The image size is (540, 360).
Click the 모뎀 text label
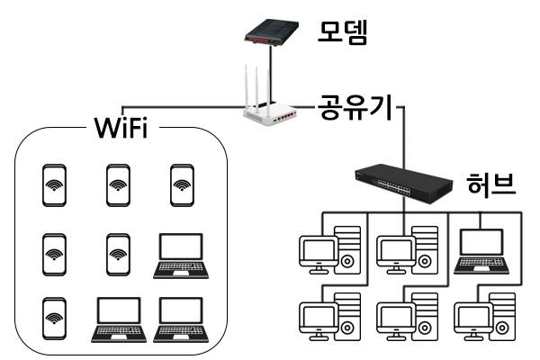tap(344, 32)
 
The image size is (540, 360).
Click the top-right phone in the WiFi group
tap(183, 185)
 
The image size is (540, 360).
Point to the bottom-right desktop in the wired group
tap(486, 315)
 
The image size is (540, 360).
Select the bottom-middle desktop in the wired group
tap(407, 315)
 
